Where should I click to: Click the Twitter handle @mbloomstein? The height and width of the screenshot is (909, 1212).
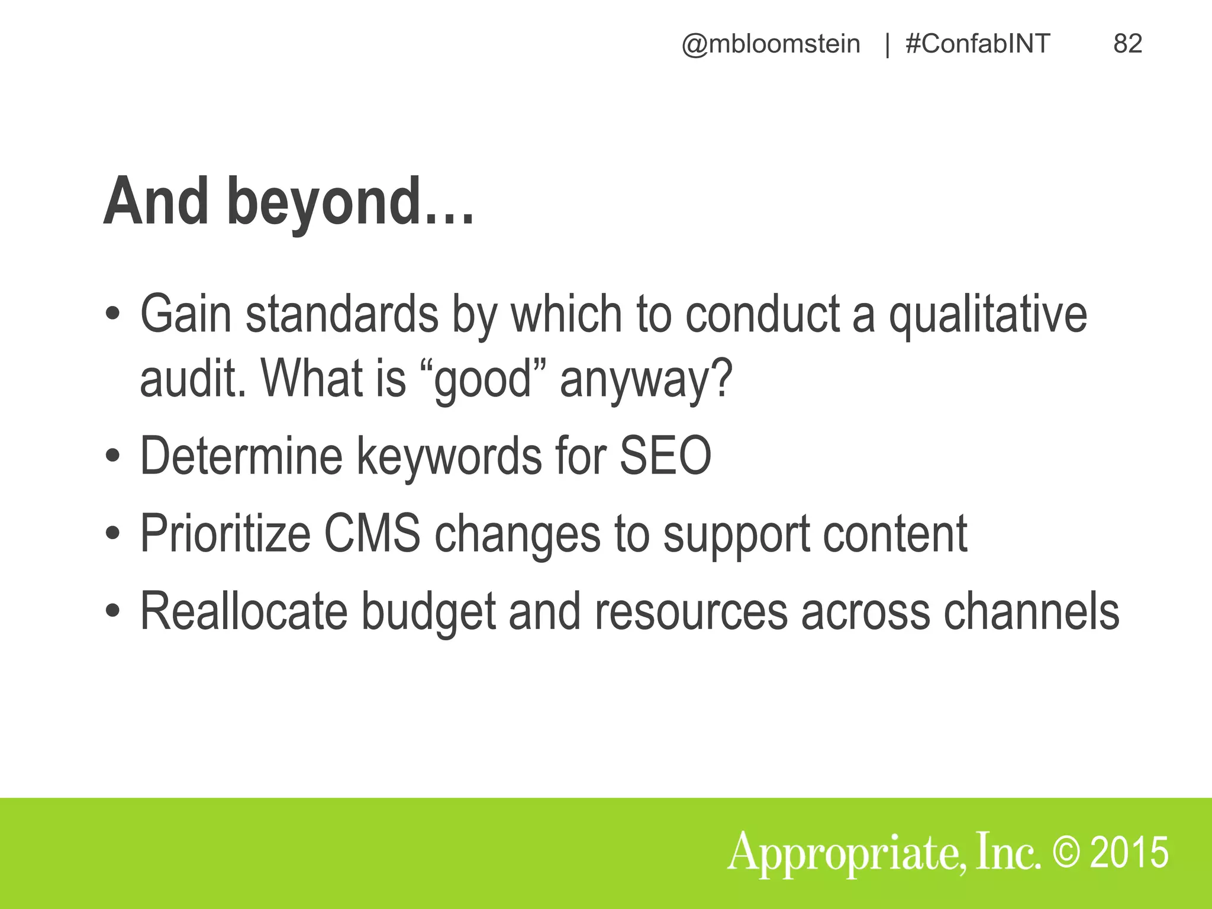[771, 44]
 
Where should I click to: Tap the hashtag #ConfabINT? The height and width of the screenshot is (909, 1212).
[978, 44]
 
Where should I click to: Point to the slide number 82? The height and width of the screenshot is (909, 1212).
[1127, 44]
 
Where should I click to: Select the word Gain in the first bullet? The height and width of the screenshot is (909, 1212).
[185, 314]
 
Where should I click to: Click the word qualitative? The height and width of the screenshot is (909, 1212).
[988, 314]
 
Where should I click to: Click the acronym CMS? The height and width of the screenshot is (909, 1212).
[372, 533]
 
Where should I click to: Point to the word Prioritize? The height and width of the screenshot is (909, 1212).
[225, 533]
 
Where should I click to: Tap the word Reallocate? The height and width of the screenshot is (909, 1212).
[243, 611]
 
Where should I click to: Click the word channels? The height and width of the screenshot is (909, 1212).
[1031, 611]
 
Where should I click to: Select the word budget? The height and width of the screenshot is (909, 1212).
[428, 612]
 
